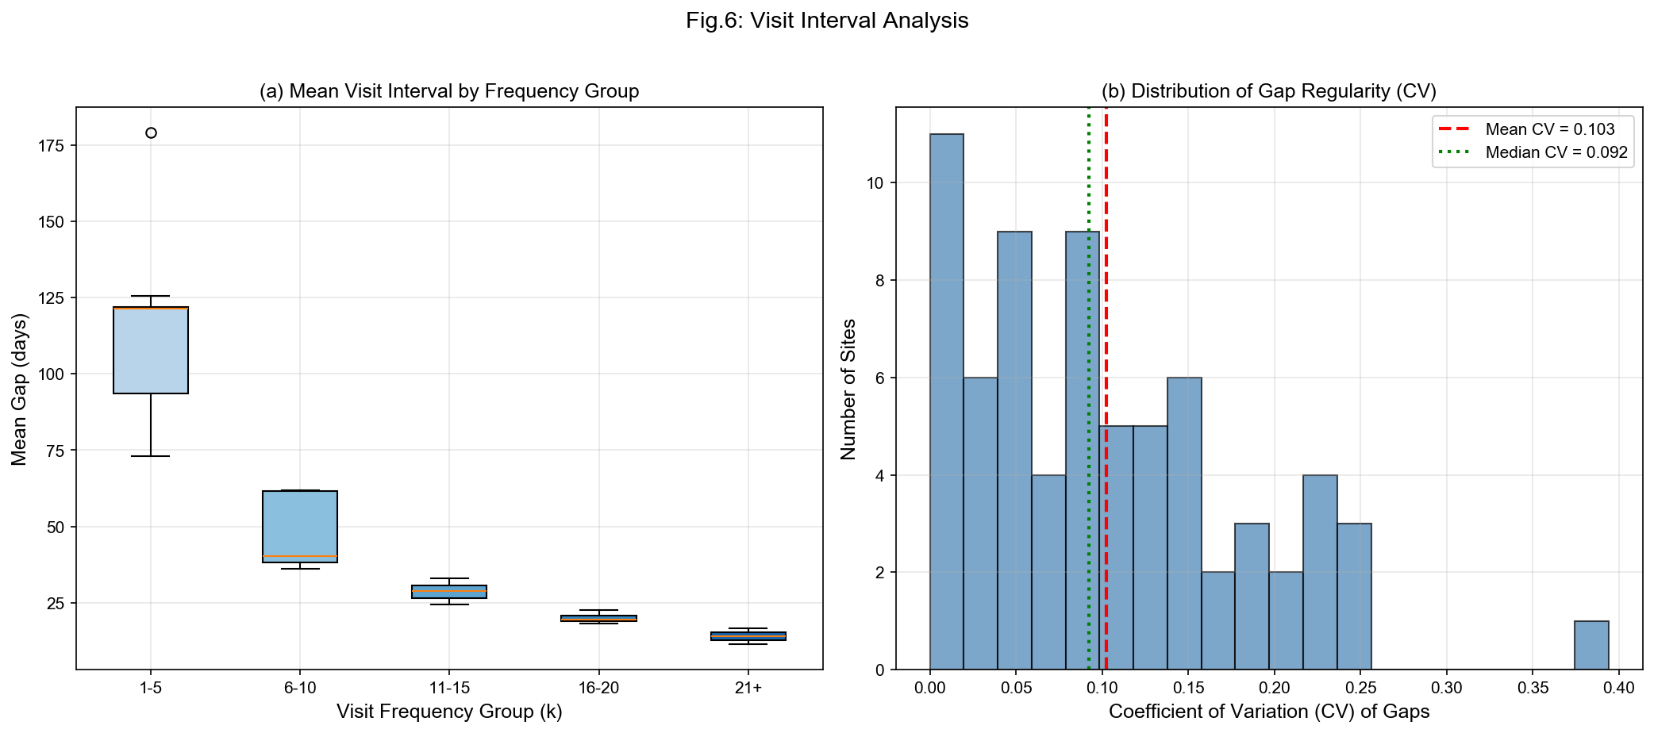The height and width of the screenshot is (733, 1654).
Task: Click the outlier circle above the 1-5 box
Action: (x=151, y=132)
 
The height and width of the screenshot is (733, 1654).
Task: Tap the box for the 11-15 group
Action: (x=449, y=592)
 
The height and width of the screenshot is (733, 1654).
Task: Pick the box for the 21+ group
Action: (x=748, y=636)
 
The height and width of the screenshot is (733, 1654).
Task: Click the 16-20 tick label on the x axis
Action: (x=598, y=688)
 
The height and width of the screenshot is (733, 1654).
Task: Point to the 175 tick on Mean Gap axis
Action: (x=52, y=145)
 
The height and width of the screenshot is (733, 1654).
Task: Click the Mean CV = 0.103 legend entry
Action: (x=1549, y=129)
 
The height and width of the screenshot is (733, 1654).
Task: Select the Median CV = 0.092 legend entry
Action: (x=1556, y=152)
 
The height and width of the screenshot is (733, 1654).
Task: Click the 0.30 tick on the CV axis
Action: (x=1446, y=688)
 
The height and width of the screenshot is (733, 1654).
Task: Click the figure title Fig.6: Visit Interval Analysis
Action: (x=827, y=21)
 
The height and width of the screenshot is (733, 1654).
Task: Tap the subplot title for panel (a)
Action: (x=449, y=91)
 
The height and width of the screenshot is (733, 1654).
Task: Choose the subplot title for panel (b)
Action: (x=1268, y=91)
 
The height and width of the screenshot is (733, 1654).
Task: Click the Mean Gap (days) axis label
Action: (x=20, y=389)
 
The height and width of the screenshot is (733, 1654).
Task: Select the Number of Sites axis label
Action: (x=848, y=389)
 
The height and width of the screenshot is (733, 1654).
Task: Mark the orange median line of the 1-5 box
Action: (x=151, y=308)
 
